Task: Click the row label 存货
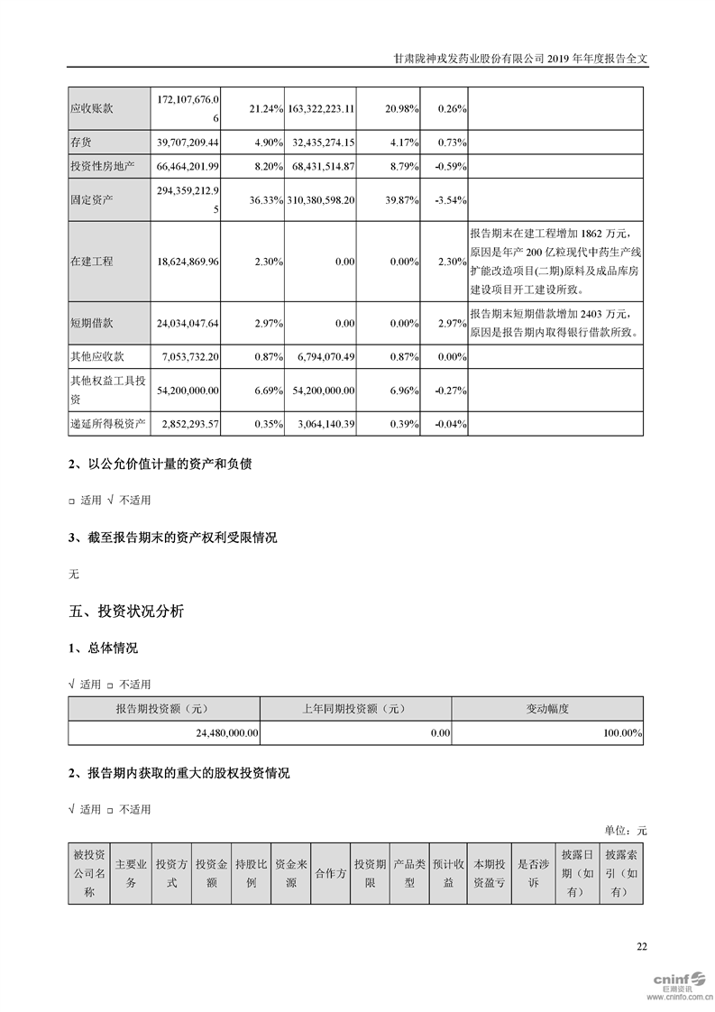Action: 83,143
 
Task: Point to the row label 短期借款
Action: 92,321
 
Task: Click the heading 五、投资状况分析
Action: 126,612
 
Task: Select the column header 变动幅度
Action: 547,709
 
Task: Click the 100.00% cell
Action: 622,734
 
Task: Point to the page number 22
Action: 641,946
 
